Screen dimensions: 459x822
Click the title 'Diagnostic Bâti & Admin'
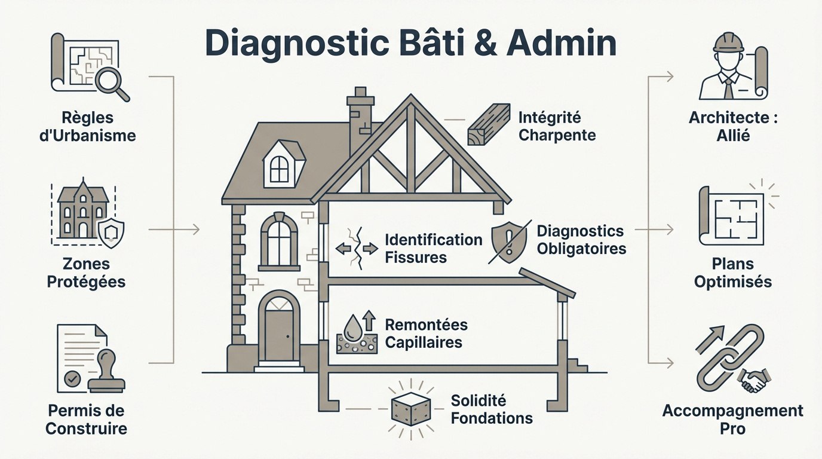point(410,44)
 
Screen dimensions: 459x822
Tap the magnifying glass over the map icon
point(111,81)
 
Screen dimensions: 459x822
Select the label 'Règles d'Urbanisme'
point(91,127)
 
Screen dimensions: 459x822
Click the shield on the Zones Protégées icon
point(111,232)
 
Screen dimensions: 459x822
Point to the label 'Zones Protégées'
point(86,273)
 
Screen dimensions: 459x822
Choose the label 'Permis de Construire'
point(86,420)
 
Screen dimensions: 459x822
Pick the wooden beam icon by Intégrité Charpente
point(488,126)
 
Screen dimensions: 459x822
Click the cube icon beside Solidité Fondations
point(410,408)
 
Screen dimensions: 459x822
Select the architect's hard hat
point(729,43)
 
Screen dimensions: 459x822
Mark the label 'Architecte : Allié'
point(733,127)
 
